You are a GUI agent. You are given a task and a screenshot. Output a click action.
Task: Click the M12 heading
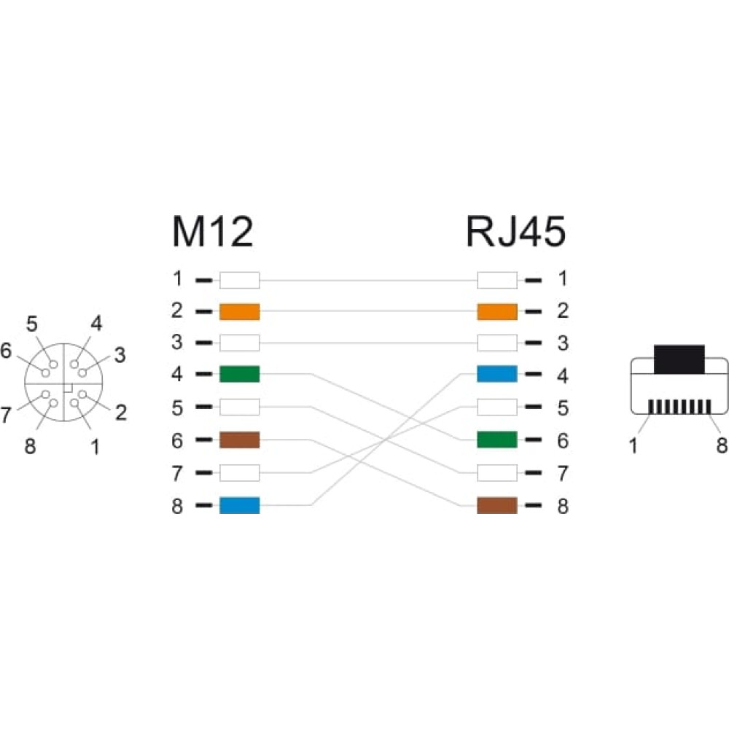(212, 231)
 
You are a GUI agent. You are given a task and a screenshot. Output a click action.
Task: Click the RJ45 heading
(515, 231)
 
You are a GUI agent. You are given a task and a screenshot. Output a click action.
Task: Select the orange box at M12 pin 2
(239, 311)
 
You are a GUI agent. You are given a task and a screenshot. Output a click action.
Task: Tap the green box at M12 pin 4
(239, 374)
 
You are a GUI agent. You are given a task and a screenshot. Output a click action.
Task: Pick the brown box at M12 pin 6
(239, 440)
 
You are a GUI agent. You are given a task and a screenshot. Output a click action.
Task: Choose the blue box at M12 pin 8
(239, 505)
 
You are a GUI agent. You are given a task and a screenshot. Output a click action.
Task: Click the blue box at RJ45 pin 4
(497, 374)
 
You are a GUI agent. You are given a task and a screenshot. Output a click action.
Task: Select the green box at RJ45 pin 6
(497, 440)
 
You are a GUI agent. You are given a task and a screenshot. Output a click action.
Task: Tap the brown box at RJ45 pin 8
(497, 505)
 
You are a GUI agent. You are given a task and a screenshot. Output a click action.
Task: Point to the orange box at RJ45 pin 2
(497, 311)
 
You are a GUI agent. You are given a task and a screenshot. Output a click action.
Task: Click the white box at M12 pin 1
(239, 281)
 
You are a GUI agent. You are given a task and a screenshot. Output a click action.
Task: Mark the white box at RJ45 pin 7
(497, 473)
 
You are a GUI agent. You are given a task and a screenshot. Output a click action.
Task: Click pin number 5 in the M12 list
(177, 408)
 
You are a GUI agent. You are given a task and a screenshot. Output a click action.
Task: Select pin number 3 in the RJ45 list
(563, 343)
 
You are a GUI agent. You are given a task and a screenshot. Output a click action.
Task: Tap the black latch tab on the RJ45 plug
(679, 359)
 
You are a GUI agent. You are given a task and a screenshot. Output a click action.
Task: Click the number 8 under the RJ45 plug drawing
(721, 445)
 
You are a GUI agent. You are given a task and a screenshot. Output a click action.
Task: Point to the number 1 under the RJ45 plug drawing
(633, 445)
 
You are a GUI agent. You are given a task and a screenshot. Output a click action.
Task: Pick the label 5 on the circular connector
(31, 324)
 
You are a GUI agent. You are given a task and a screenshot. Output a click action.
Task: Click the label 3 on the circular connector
(120, 355)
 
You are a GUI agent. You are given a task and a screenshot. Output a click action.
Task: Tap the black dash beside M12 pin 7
(203, 473)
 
